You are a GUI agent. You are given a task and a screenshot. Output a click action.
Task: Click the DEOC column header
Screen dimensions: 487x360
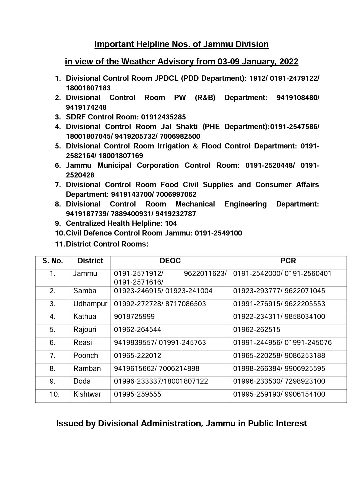(170, 261)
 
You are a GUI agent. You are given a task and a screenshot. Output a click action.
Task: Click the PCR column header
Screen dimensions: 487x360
(288, 261)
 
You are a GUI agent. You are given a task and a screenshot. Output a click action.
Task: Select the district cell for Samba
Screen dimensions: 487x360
(85, 291)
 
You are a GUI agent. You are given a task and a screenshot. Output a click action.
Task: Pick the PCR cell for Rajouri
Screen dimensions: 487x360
(257, 330)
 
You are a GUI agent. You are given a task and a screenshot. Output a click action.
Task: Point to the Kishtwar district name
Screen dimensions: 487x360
(87, 394)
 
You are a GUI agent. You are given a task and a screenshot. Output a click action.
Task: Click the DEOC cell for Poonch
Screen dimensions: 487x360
(137, 356)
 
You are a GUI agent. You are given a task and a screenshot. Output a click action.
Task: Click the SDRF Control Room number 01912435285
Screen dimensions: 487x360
(163, 117)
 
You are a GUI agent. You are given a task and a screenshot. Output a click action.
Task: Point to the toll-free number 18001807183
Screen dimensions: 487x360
(88, 88)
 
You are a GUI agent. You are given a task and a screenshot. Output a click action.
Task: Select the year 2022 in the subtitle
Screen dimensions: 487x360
(289, 62)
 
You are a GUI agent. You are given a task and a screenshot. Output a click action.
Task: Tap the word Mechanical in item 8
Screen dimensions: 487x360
(195, 204)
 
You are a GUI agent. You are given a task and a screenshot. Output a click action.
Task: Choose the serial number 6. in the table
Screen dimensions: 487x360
(52, 343)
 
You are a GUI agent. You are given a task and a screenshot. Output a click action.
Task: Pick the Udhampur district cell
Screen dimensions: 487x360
(90, 304)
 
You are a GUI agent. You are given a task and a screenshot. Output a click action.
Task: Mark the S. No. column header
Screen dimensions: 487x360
(53, 261)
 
